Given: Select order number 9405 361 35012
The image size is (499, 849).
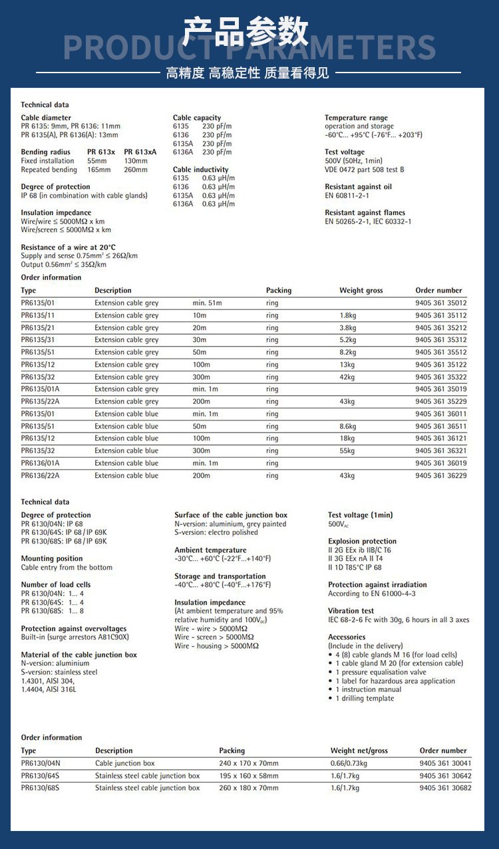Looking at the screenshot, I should (x=440, y=303).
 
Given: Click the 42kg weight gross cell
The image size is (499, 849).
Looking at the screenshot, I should (x=347, y=377).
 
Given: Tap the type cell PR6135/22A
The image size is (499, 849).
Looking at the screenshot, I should (x=40, y=401).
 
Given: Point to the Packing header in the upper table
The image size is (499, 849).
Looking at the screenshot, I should (x=279, y=290).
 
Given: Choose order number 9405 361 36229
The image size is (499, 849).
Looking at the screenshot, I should (x=440, y=475).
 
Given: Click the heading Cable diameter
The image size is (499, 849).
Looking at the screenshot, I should (x=46, y=118).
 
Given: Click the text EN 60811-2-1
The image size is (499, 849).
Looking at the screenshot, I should (x=347, y=196).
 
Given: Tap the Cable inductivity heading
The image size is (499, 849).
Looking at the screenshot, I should (x=200, y=170).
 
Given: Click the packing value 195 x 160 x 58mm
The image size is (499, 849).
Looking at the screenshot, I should (x=249, y=776).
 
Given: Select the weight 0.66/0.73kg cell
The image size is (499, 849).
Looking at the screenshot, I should (x=349, y=763).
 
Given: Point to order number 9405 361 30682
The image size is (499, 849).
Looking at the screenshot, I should (x=445, y=788).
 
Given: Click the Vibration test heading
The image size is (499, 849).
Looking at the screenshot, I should (x=351, y=611).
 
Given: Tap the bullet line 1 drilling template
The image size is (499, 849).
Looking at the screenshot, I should (x=365, y=698).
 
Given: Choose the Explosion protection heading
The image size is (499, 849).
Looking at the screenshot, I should (x=362, y=541).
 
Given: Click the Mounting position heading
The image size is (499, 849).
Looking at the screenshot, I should (x=52, y=558).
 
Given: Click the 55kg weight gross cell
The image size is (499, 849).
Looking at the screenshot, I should (x=347, y=450).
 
